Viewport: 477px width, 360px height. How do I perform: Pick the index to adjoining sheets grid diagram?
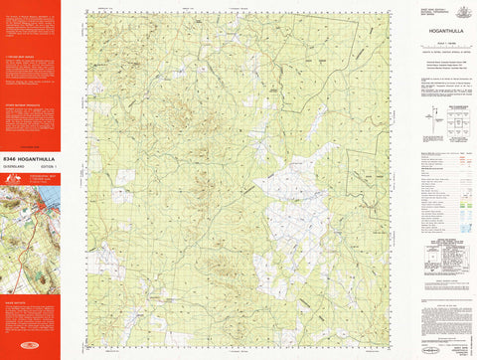[x=458, y=124]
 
